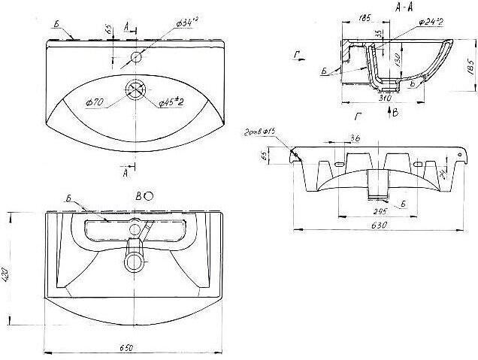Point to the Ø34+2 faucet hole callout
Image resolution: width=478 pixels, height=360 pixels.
(x=189, y=26)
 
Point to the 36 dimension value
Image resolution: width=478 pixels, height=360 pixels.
(x=355, y=138)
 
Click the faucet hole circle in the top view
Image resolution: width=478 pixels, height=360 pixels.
(x=137, y=57)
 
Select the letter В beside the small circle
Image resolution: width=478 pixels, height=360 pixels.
(x=138, y=196)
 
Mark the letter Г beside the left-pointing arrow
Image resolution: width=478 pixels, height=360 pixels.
(x=298, y=54)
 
